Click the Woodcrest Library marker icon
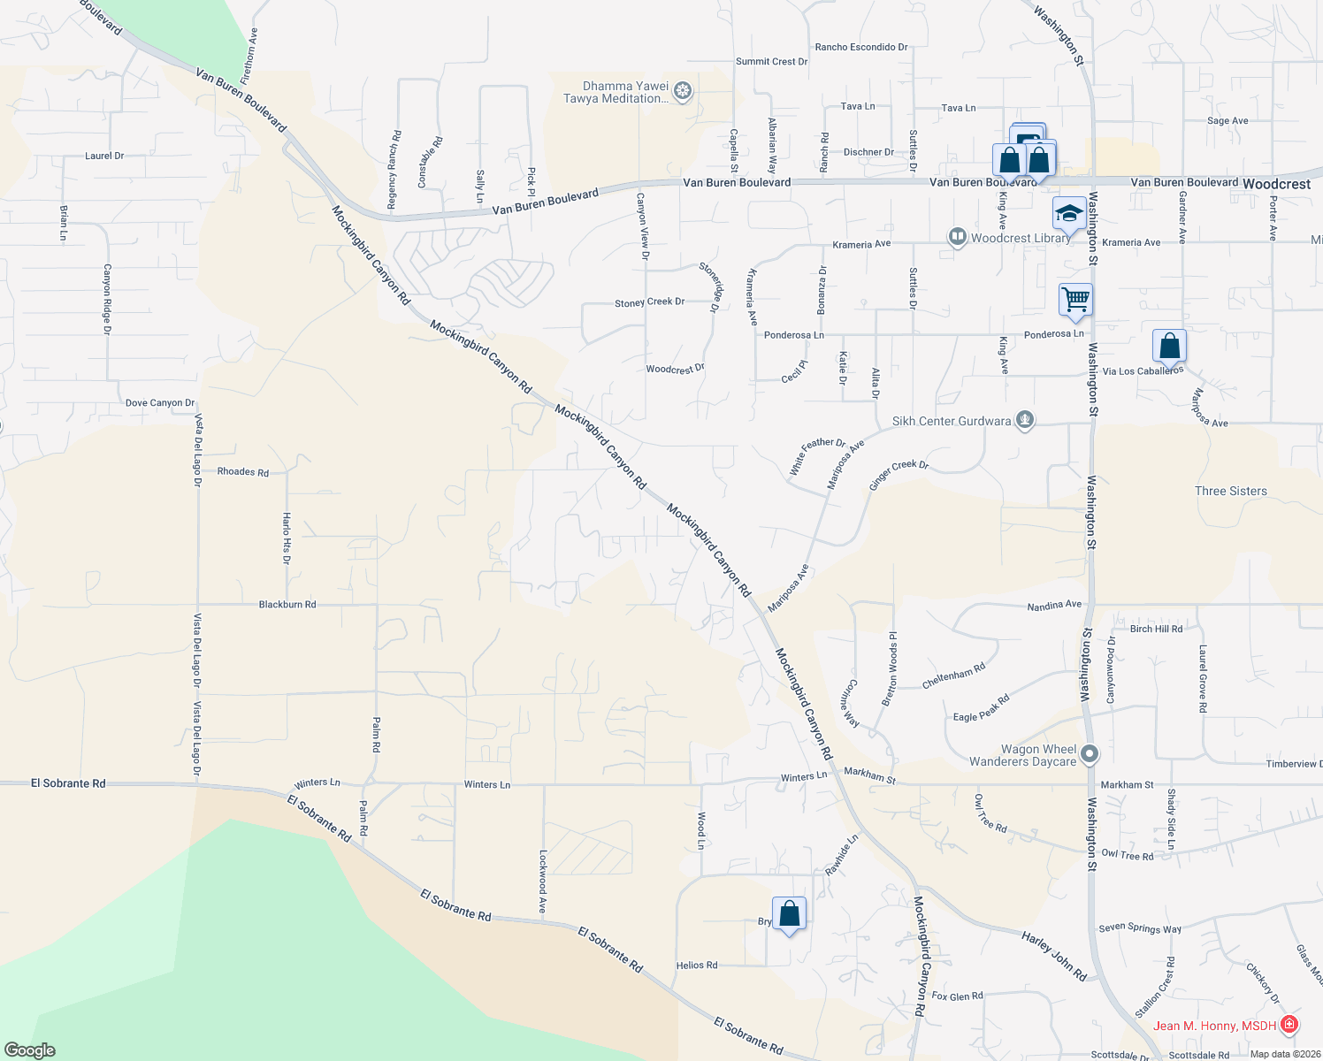[x=957, y=237]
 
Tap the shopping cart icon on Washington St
[x=1075, y=299]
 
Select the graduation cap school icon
[x=1069, y=213]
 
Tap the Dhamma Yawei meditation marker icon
[x=682, y=90]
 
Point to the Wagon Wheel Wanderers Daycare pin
[x=1090, y=754]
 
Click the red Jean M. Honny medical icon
[x=1289, y=1025]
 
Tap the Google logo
[x=30, y=1050]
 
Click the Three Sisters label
[x=1230, y=491]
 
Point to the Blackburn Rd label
[x=287, y=605]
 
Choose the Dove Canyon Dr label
[x=160, y=403]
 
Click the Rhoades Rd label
[x=243, y=472]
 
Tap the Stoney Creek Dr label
[x=650, y=302]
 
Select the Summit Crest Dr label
[x=772, y=62]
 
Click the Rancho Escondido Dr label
[x=861, y=47]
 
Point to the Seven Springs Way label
[x=1140, y=928]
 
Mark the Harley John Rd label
[x=1054, y=956]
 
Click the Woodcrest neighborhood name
[x=1276, y=184]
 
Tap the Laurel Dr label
[x=104, y=156]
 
